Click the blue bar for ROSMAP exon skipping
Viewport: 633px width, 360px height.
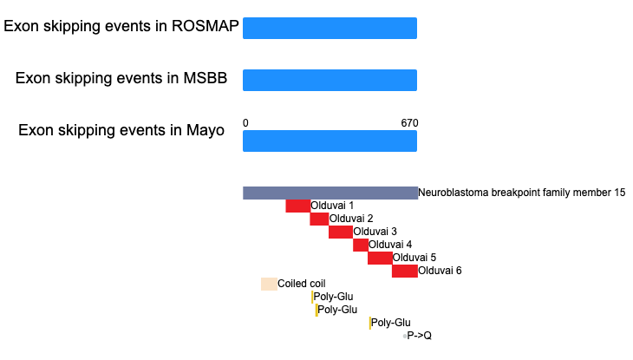330,29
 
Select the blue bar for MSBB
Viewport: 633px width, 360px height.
330,80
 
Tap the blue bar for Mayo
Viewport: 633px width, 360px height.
330,141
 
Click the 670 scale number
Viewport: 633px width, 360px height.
409,123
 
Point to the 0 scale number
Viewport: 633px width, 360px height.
245,123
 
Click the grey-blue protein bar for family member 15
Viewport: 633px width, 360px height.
330,193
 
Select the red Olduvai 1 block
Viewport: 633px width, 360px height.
298,206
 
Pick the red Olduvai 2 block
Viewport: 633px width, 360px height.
319,219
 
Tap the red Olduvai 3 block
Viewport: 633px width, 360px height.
340,232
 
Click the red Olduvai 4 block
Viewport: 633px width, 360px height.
361,245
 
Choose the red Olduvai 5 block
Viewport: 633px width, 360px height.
380,258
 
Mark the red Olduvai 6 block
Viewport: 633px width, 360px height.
404,271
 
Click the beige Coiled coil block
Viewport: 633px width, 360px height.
269,284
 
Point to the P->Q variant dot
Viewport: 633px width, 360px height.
404,337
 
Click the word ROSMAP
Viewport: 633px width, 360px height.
206,26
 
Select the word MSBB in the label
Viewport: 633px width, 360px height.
206,78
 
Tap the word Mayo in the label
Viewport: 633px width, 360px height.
206,130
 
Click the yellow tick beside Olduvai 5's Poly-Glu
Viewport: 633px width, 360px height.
369,323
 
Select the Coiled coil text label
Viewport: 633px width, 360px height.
302,284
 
